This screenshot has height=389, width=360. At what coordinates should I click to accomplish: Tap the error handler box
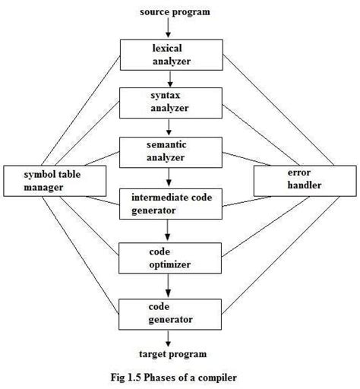[x=292, y=179]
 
